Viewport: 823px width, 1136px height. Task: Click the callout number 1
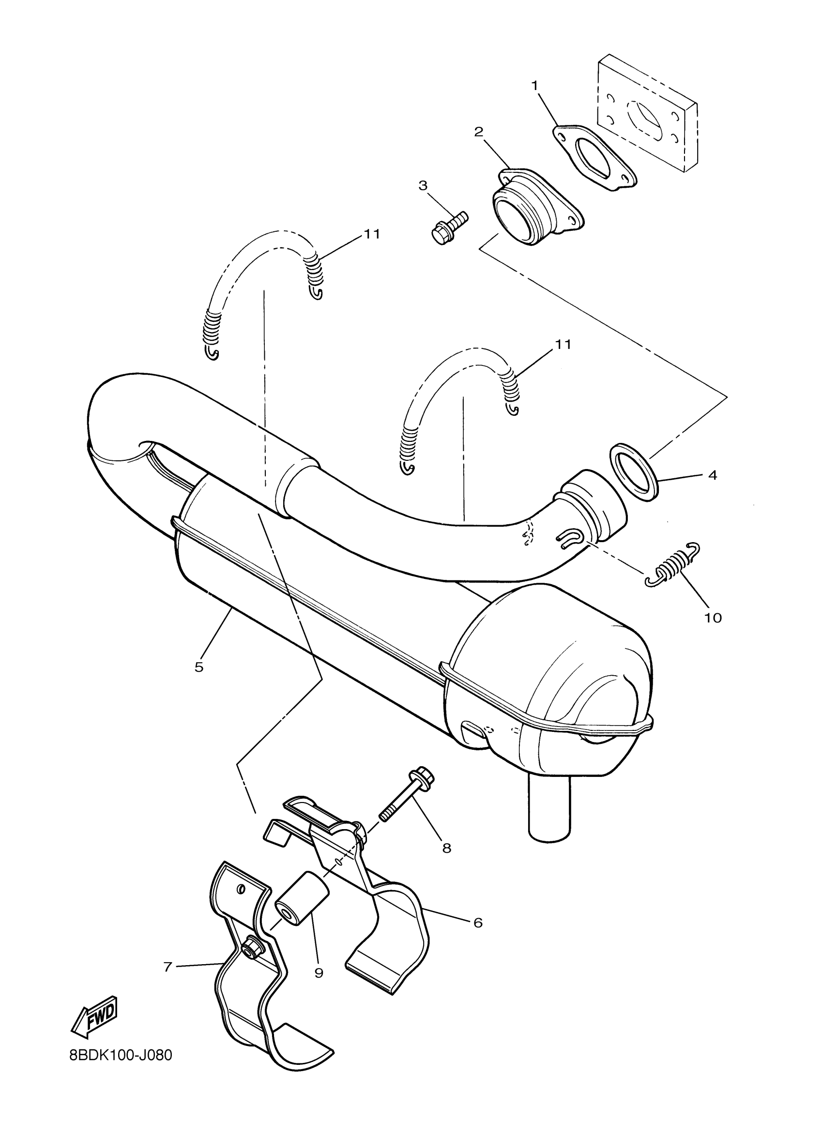coord(534,86)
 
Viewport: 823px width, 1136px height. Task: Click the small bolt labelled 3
coord(449,228)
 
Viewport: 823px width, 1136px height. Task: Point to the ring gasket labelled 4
coord(634,471)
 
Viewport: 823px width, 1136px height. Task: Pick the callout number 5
coord(199,666)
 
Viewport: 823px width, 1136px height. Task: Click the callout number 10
coord(713,618)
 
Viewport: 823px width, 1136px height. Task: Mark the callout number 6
coord(477,922)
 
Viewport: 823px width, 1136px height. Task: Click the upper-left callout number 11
coord(372,234)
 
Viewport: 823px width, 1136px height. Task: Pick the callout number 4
coord(713,474)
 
